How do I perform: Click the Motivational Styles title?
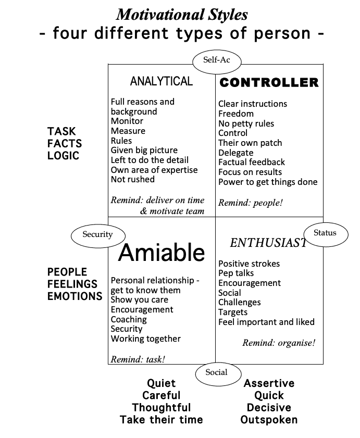(181, 14)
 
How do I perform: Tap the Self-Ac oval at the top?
(216, 60)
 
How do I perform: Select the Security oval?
(97, 234)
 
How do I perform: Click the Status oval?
(325, 233)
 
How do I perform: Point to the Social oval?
(216, 372)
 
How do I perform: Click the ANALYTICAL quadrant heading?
(161, 81)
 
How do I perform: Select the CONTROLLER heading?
(269, 82)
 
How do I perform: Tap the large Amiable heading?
(162, 253)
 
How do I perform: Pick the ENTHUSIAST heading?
(268, 243)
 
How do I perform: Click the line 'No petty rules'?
(246, 123)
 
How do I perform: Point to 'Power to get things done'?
(268, 182)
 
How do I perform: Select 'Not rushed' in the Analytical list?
(132, 179)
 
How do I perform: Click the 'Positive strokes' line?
(249, 264)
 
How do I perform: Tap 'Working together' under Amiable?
(145, 339)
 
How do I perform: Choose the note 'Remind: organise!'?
(279, 343)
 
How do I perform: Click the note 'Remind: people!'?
(250, 203)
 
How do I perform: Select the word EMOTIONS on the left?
(75, 296)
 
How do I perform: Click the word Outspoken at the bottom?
(269, 420)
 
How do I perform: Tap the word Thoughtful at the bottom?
(161, 408)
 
